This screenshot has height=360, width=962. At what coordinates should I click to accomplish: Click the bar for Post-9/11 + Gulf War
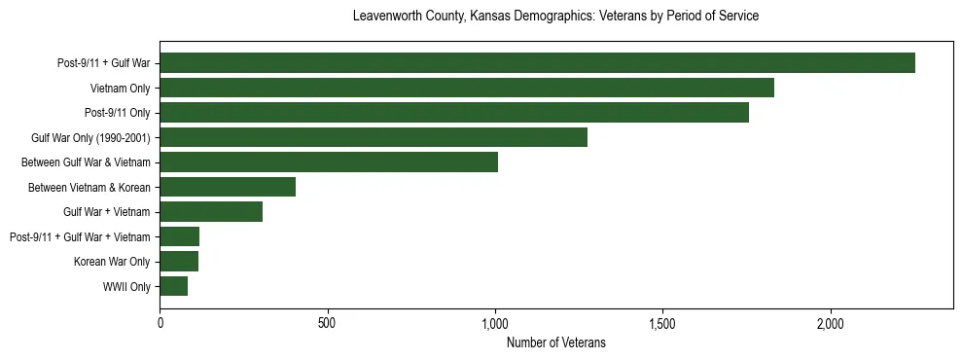pyautogui.click(x=537, y=63)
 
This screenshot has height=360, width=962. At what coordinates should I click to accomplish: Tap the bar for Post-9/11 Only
pyautogui.click(x=454, y=113)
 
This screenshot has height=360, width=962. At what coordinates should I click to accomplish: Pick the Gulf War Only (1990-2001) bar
pyautogui.click(x=374, y=137)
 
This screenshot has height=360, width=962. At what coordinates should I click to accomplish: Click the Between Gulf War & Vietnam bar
pyautogui.click(x=329, y=162)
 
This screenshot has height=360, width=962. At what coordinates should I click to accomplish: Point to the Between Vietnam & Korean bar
pyautogui.click(x=228, y=187)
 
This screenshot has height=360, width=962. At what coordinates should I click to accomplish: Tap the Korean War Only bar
pyautogui.click(x=179, y=261)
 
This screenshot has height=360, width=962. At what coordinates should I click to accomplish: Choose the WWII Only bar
pyautogui.click(x=174, y=286)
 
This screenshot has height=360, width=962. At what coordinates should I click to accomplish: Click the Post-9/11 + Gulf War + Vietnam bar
pyautogui.click(x=180, y=236)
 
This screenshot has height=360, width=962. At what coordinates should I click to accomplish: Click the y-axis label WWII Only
pyautogui.click(x=125, y=286)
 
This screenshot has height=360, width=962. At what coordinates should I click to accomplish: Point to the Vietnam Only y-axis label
pyautogui.click(x=120, y=88)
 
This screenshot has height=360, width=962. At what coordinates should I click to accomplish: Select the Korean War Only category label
pyautogui.click(x=111, y=261)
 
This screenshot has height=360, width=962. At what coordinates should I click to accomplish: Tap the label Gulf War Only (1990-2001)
pyautogui.click(x=90, y=137)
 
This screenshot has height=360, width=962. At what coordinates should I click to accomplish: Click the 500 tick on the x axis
pyautogui.click(x=327, y=322)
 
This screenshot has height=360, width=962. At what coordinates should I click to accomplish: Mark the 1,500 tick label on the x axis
pyautogui.click(x=662, y=322)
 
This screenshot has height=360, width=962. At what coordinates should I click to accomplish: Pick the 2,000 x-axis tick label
pyautogui.click(x=830, y=322)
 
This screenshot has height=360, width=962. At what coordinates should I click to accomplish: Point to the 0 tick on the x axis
pyautogui.click(x=160, y=322)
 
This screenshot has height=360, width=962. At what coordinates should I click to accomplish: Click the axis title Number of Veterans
pyautogui.click(x=555, y=342)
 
